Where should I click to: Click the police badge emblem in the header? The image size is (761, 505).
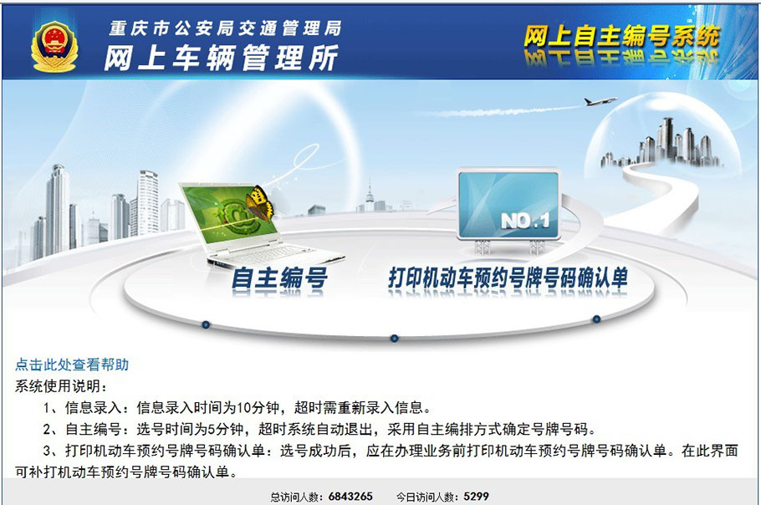click(54, 47)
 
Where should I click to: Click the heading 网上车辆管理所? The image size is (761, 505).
click(222, 58)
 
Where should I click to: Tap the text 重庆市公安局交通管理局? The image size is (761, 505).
click(225, 28)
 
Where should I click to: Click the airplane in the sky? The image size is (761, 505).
click(600, 101)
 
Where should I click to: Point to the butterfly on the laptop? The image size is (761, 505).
click(259, 203)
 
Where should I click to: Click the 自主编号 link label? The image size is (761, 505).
click(279, 278)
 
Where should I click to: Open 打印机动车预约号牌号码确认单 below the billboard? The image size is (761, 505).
click(508, 278)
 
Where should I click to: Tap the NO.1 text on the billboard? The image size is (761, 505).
click(525, 222)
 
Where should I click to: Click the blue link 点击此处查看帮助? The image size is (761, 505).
click(72, 365)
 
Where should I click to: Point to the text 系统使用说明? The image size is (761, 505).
click(58, 386)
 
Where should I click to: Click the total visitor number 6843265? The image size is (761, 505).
click(350, 497)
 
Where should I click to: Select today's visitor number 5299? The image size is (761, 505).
click(476, 497)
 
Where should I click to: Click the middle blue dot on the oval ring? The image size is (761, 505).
click(394, 338)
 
